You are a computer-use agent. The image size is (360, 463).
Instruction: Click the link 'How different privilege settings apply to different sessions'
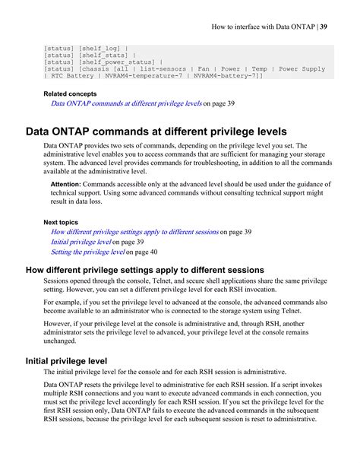click(134, 231)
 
